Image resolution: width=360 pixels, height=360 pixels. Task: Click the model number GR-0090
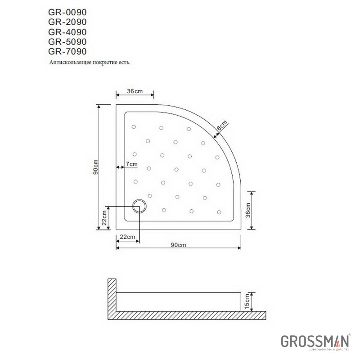click(67, 12)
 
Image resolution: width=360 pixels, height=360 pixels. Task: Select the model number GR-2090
click(67, 22)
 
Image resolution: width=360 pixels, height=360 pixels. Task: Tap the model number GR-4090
click(67, 32)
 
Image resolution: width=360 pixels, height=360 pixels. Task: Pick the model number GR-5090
click(67, 42)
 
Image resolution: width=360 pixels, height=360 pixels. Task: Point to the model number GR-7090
click(67, 51)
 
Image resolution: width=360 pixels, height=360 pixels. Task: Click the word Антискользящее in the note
click(70, 63)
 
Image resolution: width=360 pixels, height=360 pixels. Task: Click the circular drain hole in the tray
click(139, 206)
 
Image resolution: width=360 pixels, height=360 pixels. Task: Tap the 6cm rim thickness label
click(222, 126)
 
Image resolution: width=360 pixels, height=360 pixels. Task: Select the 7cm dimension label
click(132, 164)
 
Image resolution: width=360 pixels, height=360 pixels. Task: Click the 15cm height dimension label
click(247, 301)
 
